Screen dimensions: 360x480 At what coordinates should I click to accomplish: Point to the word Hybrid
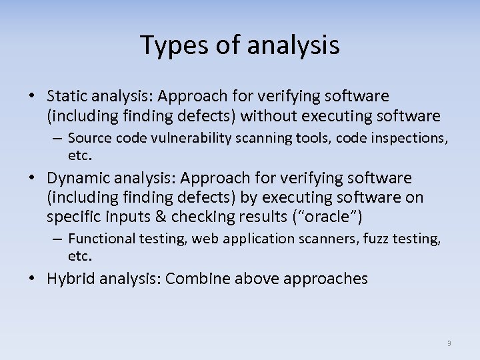[x=70, y=279]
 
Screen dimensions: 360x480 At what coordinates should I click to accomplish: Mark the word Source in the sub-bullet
[x=88, y=138]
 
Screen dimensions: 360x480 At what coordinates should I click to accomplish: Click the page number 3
[x=449, y=343]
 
